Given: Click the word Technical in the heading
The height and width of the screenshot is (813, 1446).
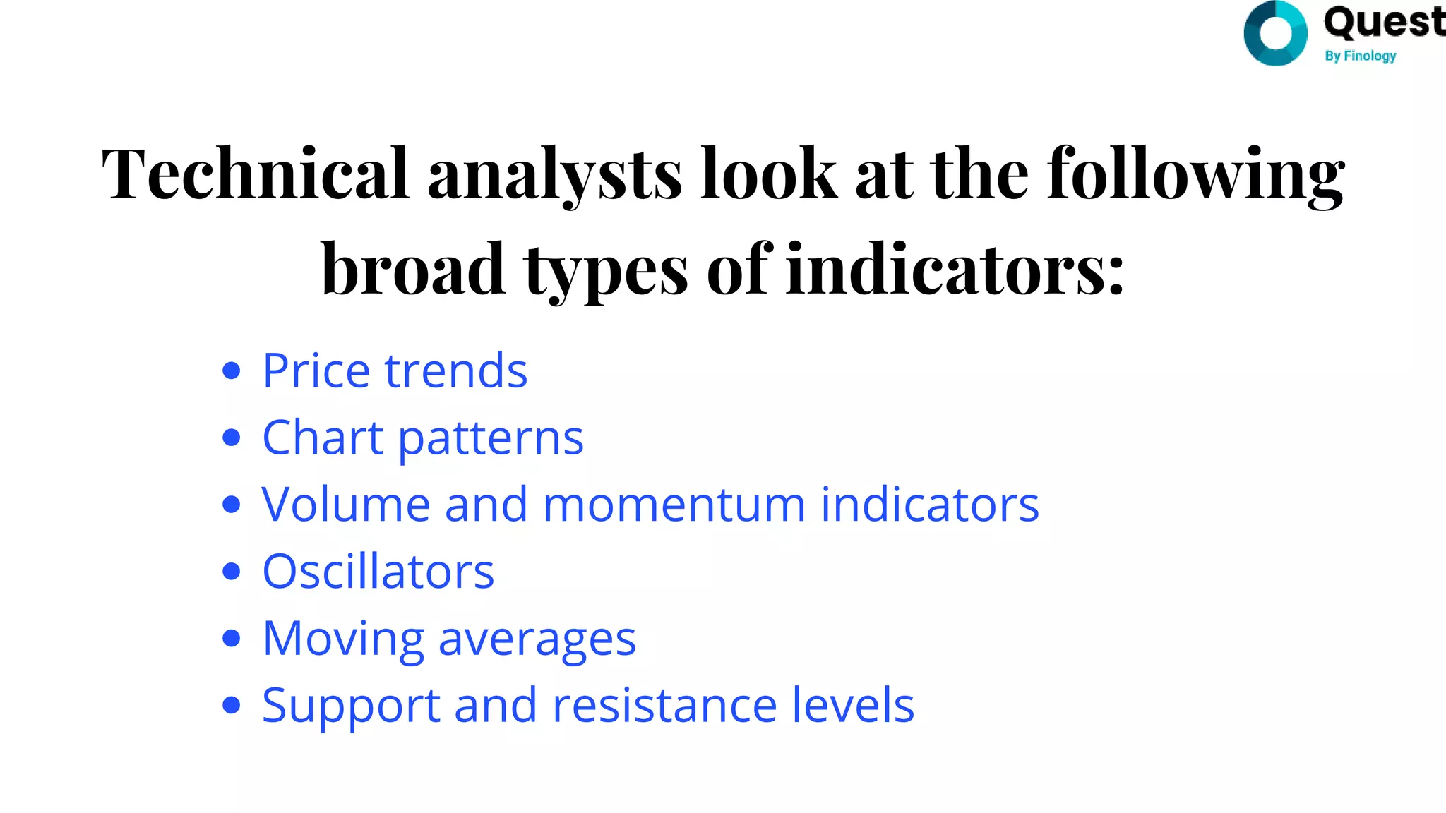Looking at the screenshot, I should coord(255,173).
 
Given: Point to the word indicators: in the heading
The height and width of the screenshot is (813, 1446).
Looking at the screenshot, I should coord(955,270).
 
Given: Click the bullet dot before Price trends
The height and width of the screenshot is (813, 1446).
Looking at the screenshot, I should coord(231,371).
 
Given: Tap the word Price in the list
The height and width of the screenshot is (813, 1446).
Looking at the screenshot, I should coord(316,371).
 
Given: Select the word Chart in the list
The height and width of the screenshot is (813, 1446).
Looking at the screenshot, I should coord(323,438).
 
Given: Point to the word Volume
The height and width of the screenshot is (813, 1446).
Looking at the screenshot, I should coord(345,505).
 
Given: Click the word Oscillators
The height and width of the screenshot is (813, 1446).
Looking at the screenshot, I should coord(378,571).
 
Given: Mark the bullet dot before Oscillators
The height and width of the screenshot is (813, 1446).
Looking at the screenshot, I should coord(231,571).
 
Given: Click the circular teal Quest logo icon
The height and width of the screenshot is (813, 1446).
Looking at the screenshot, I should coord(1275,33).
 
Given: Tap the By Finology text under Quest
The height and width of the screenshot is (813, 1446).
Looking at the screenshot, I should coord(1360,56).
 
